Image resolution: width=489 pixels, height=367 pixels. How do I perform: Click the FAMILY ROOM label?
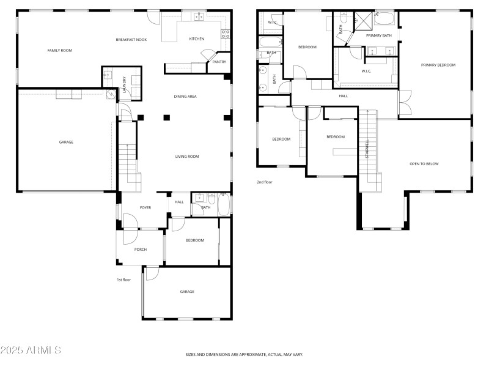point(59,50)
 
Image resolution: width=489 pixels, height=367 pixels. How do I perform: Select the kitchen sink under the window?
point(199,17)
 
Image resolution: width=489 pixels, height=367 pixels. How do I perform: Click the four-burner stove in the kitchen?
point(226,32)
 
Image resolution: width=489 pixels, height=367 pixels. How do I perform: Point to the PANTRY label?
point(219,62)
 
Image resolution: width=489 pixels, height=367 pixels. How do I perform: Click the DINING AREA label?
point(185,96)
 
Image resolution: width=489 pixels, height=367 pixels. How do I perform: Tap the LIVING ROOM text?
point(187,157)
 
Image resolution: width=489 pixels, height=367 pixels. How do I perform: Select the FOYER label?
point(145,208)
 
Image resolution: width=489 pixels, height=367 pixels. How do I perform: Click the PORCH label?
point(141,249)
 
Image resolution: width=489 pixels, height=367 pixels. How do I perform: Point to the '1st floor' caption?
point(124,280)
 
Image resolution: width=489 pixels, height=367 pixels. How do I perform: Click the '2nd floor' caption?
point(264,182)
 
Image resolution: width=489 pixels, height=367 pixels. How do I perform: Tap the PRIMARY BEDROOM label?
point(438,65)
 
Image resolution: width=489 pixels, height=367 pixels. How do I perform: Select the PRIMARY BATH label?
point(378,35)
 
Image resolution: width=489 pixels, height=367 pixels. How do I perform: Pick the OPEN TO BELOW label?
point(424,164)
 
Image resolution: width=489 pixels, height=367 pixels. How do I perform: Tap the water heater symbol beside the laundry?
point(110,95)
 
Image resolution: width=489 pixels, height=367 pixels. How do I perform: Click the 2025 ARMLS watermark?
point(31,350)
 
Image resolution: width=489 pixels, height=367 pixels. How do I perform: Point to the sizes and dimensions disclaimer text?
point(244,354)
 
